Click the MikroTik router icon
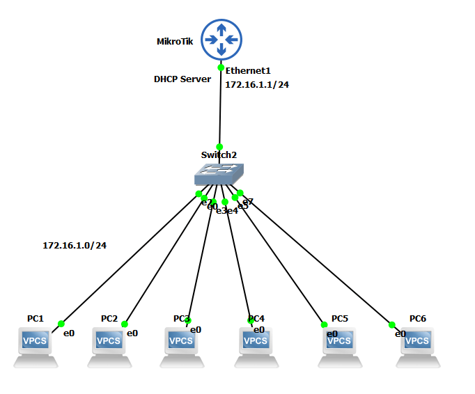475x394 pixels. click(x=221, y=39)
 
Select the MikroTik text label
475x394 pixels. click(x=175, y=42)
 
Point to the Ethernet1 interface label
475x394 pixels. click(x=247, y=70)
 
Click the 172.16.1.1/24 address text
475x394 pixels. click(x=257, y=84)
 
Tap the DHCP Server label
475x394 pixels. click(x=182, y=79)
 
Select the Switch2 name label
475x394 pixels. click(x=219, y=155)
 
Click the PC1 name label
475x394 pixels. click(x=36, y=318)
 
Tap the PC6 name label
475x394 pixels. click(x=417, y=318)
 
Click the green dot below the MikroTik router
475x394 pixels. click(x=221, y=68)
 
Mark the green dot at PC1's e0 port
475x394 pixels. click(x=61, y=324)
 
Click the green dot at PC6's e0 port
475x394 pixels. click(x=391, y=324)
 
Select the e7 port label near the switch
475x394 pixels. click(x=249, y=201)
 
